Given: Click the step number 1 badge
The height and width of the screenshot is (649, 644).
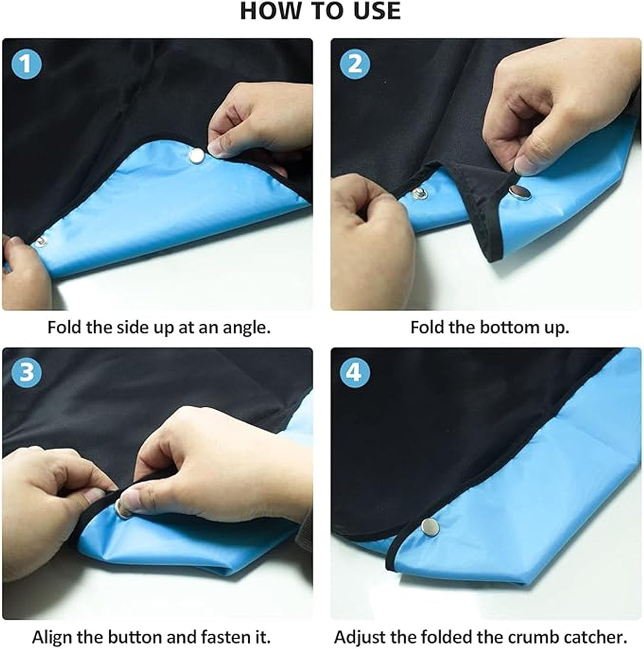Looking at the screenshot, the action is [26, 64].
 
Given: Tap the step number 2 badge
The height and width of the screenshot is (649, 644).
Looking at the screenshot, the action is [355, 64].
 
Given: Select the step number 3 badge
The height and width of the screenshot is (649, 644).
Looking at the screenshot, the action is [26, 372].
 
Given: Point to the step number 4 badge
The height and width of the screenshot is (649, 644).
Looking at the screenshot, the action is [355, 372].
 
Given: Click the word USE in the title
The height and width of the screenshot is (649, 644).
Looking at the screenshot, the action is [376, 11].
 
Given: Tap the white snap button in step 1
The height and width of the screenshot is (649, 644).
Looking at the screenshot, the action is [197, 154].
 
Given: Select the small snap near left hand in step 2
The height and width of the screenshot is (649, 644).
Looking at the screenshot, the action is [419, 193].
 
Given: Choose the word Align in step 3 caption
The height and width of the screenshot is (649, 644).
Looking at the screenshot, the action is [54, 637].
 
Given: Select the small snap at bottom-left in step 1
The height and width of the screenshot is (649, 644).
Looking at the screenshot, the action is [40, 241].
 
